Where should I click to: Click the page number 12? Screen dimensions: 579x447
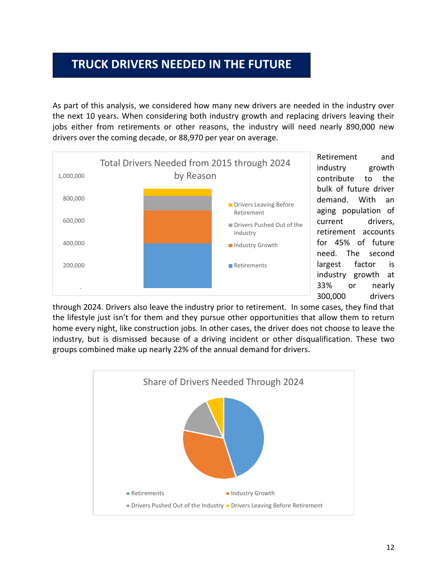[x=390, y=547]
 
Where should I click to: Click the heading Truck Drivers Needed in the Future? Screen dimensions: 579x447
[x=181, y=64]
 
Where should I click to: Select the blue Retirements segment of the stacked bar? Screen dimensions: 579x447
[x=177, y=265]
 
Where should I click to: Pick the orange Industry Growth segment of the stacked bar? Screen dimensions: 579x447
[x=177, y=227]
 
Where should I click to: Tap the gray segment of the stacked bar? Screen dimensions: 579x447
[x=177, y=203]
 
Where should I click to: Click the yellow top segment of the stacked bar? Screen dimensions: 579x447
[x=177, y=192]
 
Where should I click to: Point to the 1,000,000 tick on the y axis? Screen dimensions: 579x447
[x=71, y=176]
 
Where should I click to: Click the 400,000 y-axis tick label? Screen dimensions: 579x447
[x=73, y=243]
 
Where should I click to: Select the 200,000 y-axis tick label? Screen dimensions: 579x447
[x=73, y=265]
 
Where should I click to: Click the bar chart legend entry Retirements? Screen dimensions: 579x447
[x=250, y=265]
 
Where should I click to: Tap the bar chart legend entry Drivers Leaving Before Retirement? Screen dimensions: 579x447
[x=263, y=209]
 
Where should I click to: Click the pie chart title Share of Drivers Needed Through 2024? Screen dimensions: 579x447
[x=223, y=382]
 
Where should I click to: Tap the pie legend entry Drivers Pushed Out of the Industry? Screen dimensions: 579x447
[x=177, y=506]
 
